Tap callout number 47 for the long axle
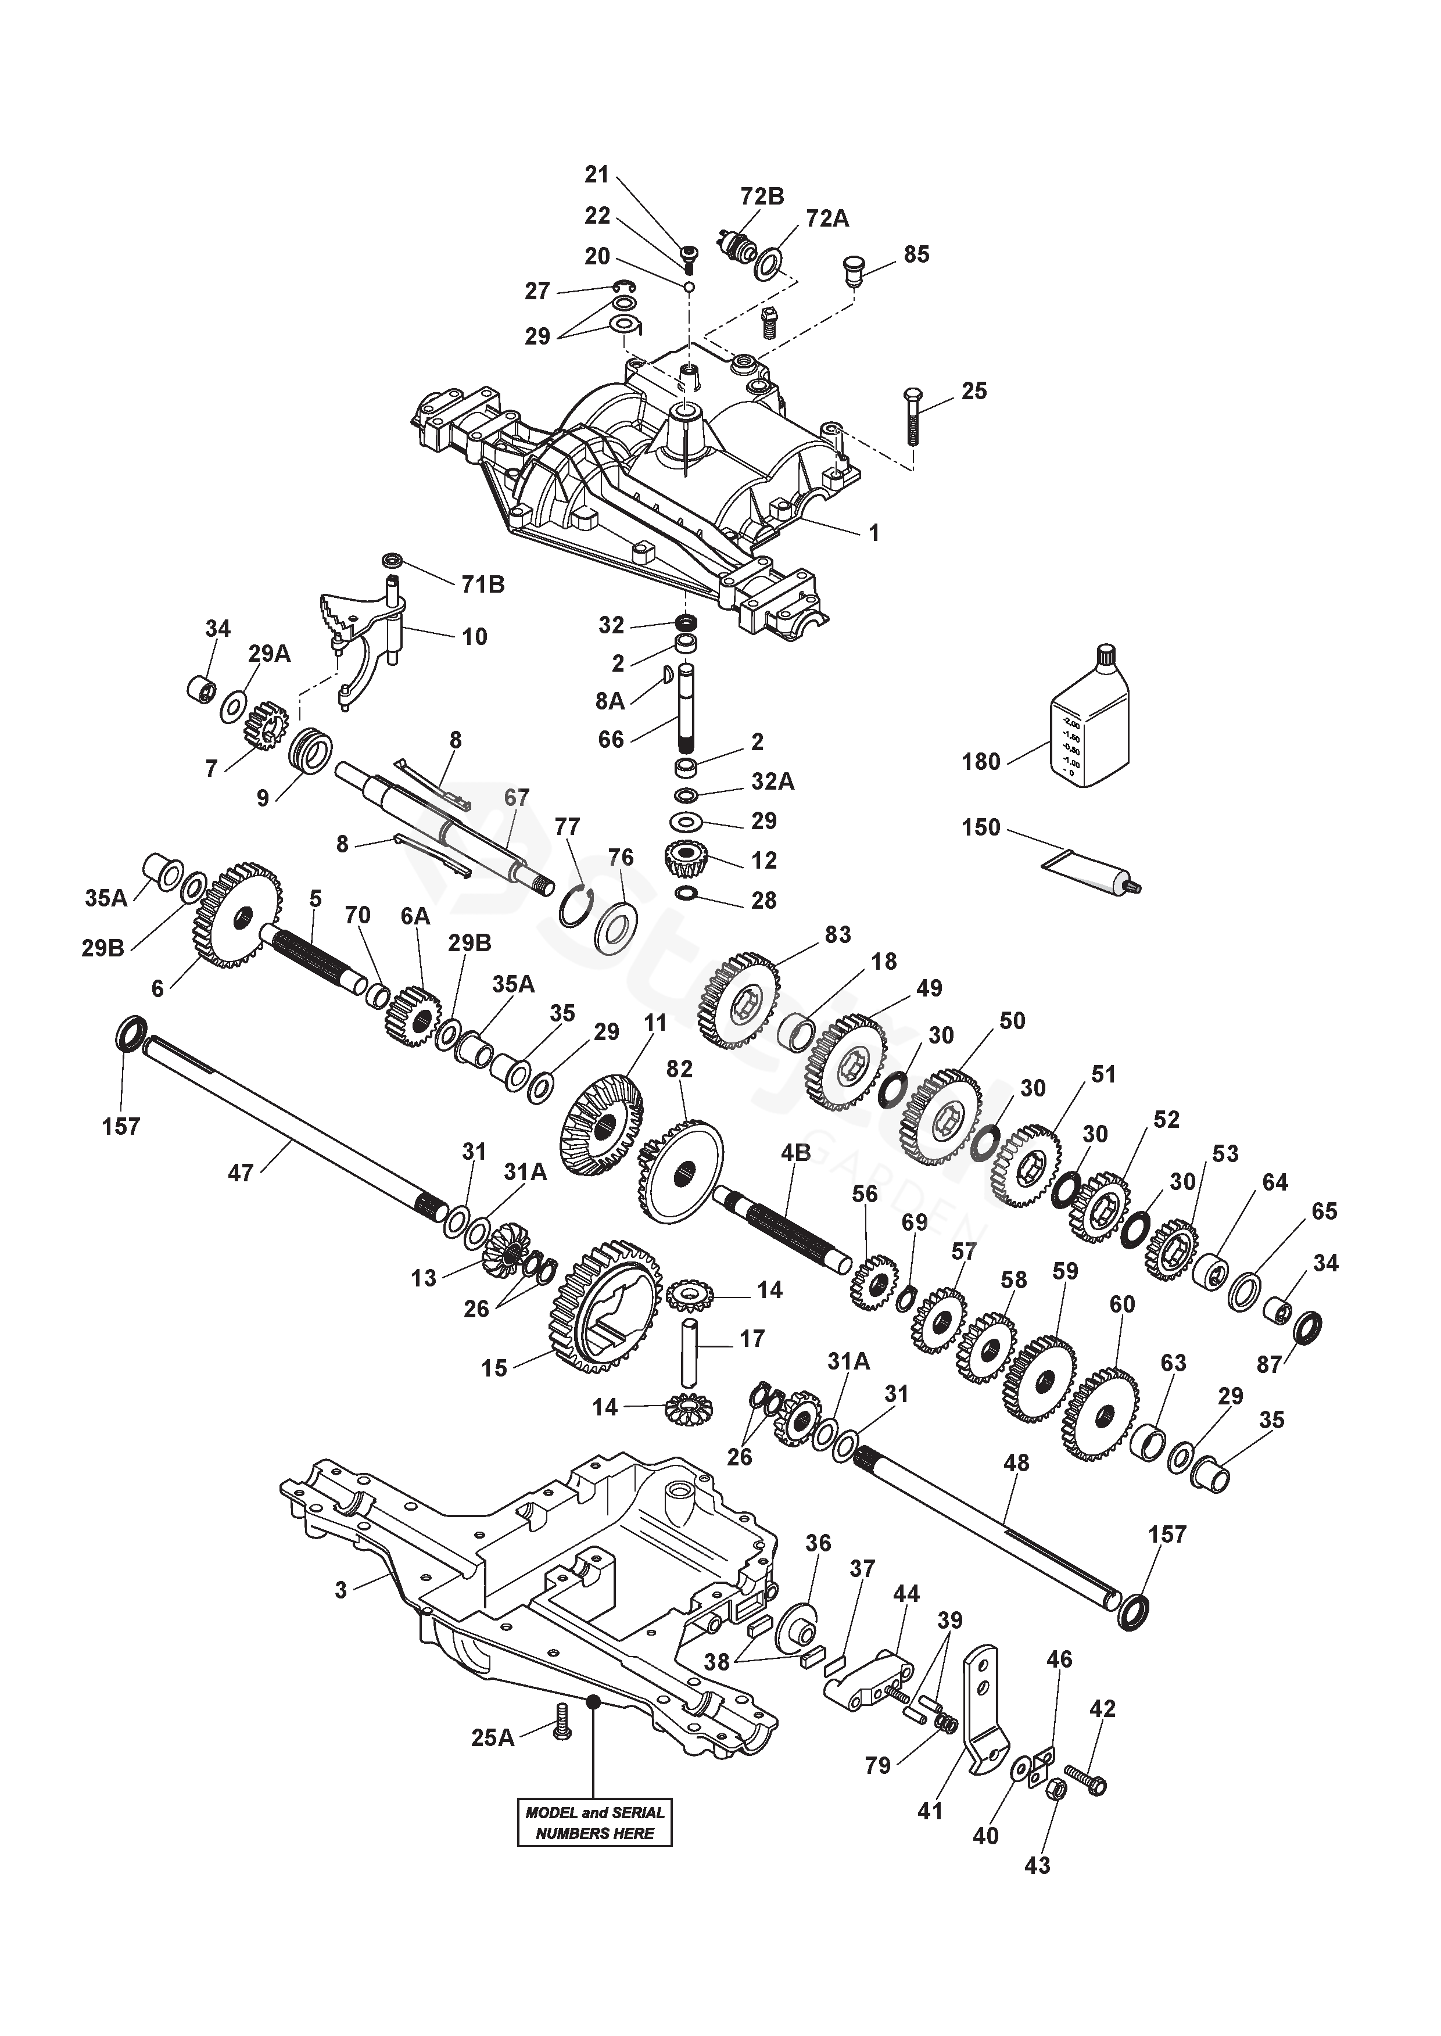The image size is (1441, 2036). (241, 1173)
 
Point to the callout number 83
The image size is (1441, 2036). (838, 934)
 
